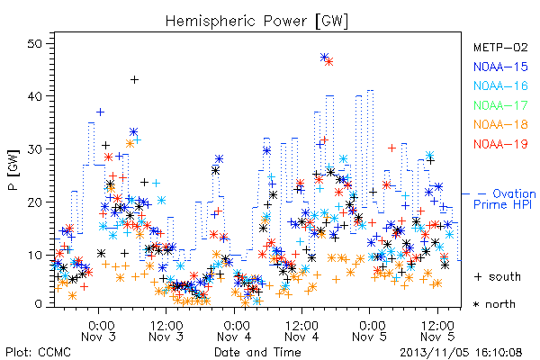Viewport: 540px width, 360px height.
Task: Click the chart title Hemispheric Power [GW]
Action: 256,22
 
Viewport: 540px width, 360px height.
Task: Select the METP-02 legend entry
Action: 500,47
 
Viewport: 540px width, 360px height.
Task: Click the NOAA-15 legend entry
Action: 500,67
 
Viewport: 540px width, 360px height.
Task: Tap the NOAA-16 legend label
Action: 500,85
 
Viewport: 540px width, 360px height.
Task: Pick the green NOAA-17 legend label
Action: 500,105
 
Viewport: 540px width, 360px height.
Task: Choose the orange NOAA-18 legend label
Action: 500,124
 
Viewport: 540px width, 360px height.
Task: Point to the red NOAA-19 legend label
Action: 500,144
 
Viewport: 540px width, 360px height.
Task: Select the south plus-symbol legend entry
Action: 498,276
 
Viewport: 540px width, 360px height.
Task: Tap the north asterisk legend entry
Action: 494,304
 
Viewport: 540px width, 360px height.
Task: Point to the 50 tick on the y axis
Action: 35,44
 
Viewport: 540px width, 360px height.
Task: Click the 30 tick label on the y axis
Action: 35,149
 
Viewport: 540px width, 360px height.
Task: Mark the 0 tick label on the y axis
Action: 39,304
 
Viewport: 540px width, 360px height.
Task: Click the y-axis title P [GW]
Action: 13,170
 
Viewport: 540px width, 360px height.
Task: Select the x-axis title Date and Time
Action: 257,352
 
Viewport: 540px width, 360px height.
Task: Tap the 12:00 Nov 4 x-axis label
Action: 301,330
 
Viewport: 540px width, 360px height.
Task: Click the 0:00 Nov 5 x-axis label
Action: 369,330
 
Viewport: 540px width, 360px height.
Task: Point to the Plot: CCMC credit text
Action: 38,352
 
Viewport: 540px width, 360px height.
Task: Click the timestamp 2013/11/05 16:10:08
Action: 461,353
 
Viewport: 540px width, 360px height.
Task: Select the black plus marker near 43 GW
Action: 134,80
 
